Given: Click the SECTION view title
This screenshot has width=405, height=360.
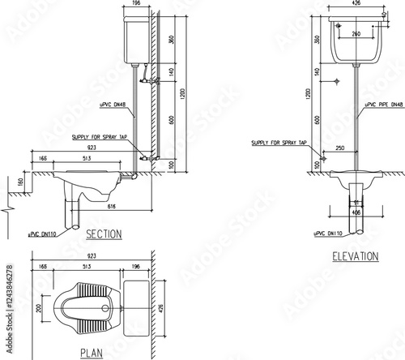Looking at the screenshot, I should (103, 234).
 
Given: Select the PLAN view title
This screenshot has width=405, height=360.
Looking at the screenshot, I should (91, 353).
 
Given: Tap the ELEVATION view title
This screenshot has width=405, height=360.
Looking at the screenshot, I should (355, 257).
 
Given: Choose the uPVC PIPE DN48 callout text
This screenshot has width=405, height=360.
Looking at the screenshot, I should (383, 105).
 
